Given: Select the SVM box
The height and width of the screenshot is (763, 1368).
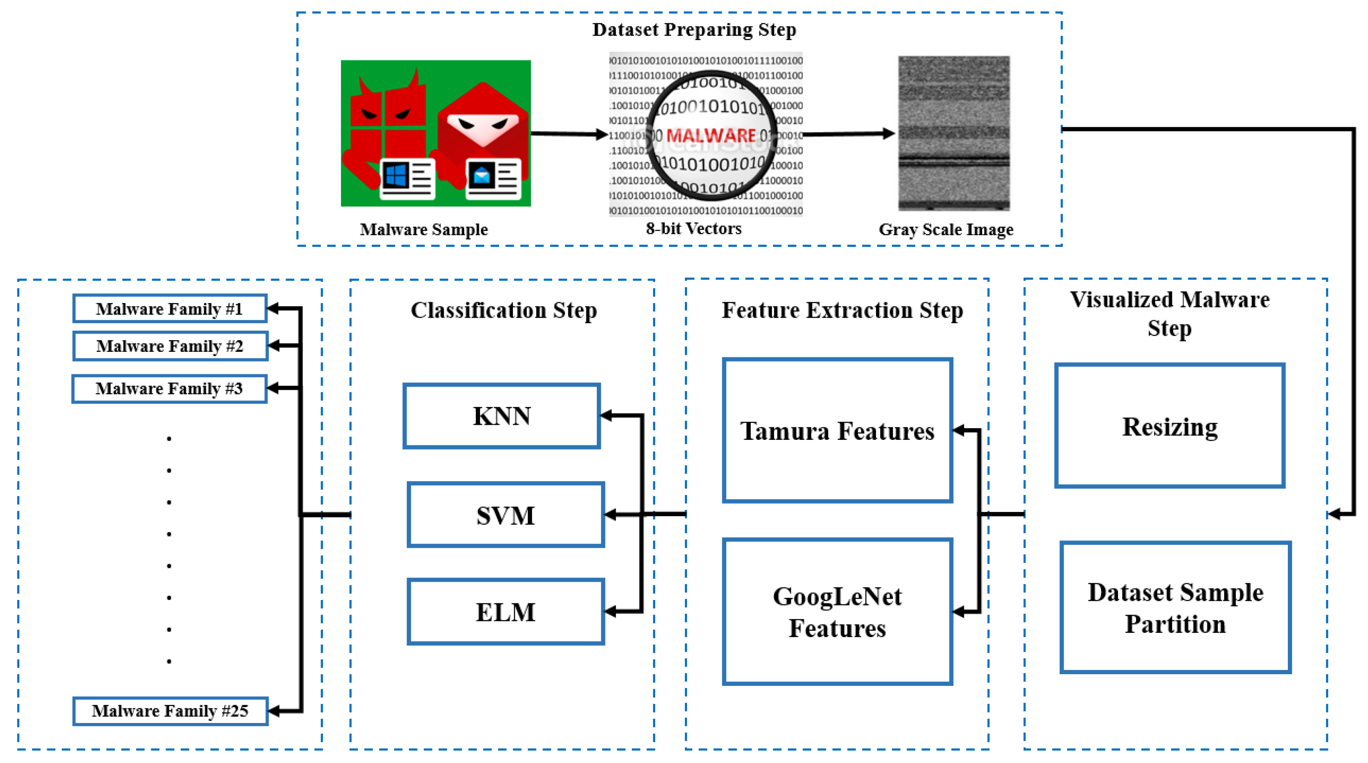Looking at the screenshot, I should click(505, 515).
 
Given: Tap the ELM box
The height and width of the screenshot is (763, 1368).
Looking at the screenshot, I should click(505, 612).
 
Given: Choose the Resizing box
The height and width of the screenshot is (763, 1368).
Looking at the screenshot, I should click(1169, 426).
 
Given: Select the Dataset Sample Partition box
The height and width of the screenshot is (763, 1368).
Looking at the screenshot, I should click(1175, 607).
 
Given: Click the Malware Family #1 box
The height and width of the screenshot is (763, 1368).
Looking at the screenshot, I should click(169, 309).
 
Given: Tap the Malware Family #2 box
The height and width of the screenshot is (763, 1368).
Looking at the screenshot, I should click(170, 346).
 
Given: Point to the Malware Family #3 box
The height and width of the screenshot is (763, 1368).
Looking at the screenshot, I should click(169, 389).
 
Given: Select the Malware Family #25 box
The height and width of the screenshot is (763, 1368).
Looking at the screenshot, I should click(170, 711).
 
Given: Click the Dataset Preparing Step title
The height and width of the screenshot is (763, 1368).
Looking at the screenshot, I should click(694, 30).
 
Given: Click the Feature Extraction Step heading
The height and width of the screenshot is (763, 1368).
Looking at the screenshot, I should click(842, 310).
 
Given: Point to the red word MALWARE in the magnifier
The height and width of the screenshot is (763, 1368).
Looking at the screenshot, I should click(711, 136).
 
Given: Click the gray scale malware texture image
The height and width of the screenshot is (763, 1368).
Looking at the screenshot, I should click(954, 133).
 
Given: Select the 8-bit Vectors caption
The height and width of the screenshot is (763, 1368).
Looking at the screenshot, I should click(694, 228).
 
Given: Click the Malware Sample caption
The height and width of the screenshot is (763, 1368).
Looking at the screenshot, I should click(423, 230).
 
